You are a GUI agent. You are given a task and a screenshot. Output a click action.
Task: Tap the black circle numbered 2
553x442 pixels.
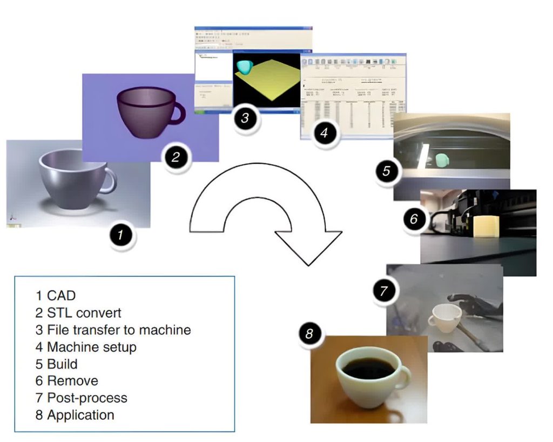[176, 158]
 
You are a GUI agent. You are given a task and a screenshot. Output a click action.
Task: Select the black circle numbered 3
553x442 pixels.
[245, 117]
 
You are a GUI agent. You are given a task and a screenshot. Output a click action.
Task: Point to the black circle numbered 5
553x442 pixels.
[387, 171]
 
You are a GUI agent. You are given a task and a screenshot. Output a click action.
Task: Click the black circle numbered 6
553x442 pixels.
[414, 219]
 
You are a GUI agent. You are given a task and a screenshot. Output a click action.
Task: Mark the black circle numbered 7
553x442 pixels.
[383, 291]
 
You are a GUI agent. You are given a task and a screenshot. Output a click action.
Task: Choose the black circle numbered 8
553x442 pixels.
[309, 334]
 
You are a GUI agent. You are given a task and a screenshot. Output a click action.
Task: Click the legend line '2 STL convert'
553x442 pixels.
[79, 312]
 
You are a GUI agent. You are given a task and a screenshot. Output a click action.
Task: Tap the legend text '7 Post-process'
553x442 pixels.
[82, 398]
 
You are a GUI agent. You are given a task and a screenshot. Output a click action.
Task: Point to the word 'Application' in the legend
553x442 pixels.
[81, 415]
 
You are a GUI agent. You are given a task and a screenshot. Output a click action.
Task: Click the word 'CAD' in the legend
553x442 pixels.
[62, 295]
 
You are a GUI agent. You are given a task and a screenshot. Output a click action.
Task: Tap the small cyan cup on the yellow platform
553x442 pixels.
[245, 66]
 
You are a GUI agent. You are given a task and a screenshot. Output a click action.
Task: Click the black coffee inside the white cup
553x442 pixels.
[369, 369]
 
